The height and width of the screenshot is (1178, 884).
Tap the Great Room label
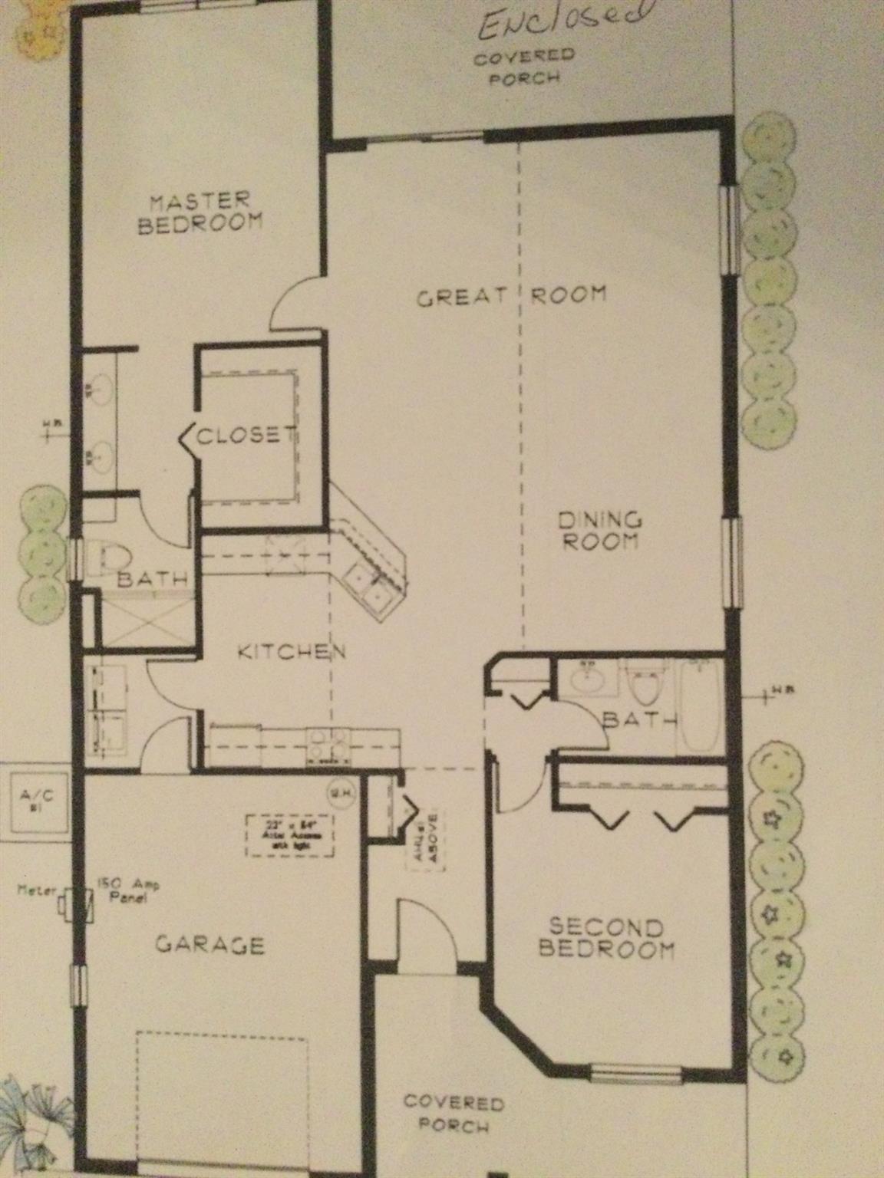pos(512,295)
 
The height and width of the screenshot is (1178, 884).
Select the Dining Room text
pos(599,531)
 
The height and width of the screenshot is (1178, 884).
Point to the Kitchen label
pos(292,653)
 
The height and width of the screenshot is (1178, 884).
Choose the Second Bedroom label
pos(605,938)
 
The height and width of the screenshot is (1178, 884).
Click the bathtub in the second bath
pos(699,705)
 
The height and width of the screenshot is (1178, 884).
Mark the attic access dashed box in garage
pos(290,835)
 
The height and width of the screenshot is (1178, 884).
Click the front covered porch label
pos(453,1114)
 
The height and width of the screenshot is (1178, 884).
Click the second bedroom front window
pos(636,1072)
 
